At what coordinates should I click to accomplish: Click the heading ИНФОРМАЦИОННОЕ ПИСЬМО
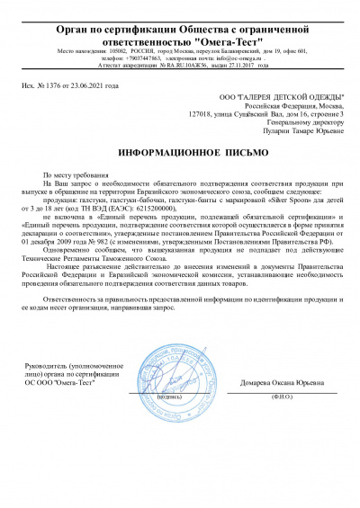(x=180, y=154)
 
